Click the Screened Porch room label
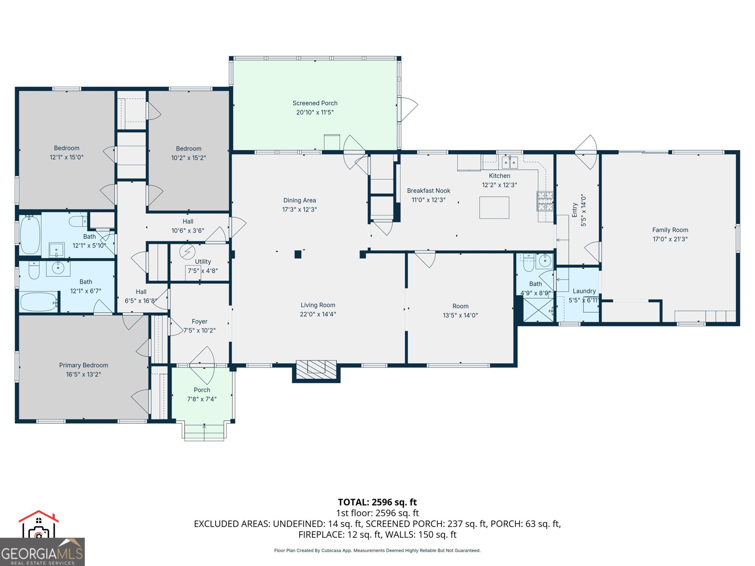tap(315, 103)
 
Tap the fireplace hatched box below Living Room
tap(316, 368)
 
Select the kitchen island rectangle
tap(494, 208)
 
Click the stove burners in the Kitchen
tap(545, 201)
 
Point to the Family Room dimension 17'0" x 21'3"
tap(670, 239)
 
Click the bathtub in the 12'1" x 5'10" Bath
tap(30, 234)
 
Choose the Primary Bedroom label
tap(84, 365)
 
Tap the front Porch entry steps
tap(204, 432)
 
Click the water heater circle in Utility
tap(187, 251)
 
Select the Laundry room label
tap(584, 291)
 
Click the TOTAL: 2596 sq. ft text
tap(377, 502)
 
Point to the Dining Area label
tap(300, 200)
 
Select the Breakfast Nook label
tap(428, 191)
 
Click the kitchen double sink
tap(510, 163)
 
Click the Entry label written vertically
tap(575, 210)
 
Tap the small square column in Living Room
tap(298, 255)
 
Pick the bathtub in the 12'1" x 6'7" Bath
tap(39, 302)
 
